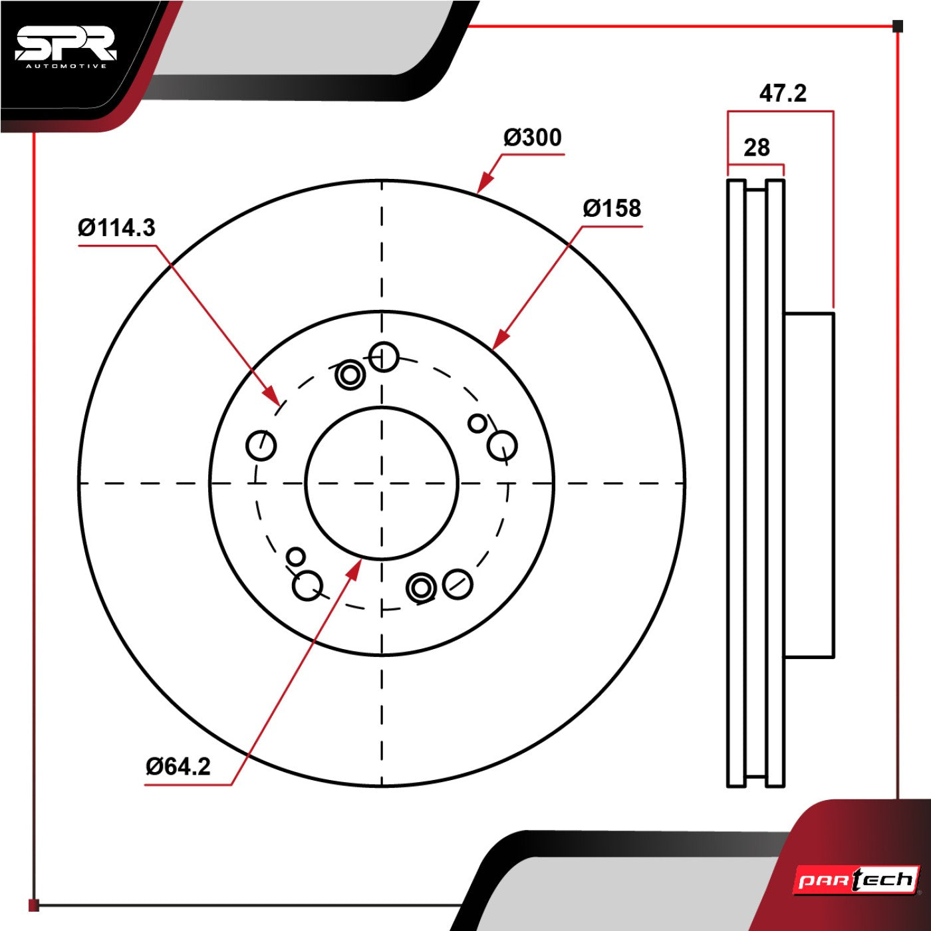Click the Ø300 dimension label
coord(533,138)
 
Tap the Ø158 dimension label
coord(612,208)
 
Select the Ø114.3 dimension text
coord(116,227)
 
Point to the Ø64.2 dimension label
coord(178,767)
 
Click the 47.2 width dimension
coord(783,93)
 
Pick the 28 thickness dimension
coord(757,148)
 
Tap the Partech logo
coord(856,880)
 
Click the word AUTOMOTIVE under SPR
coord(66,66)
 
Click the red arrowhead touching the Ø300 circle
coord(485,183)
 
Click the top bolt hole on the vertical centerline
coord(384,357)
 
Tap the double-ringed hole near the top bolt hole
coord(350,374)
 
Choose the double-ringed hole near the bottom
coord(422,588)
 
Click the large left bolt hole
coord(261,446)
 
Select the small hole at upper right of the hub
coord(477,424)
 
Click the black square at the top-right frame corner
coord(898,26)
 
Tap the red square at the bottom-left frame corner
coord(33,905)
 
